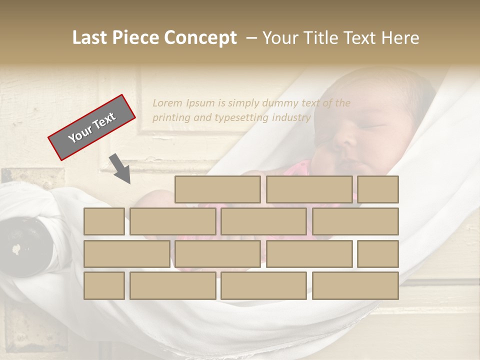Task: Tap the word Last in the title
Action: pyautogui.click(x=91, y=38)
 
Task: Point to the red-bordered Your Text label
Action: pyautogui.click(x=92, y=127)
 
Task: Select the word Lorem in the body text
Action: pyautogui.click(x=167, y=103)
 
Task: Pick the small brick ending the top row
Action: pyautogui.click(x=378, y=189)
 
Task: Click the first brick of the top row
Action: pyautogui.click(x=217, y=189)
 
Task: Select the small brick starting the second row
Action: pyautogui.click(x=104, y=221)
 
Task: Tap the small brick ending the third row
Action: pyautogui.click(x=378, y=253)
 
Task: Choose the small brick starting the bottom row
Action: pyautogui.click(x=104, y=285)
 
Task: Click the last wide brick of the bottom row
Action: pyautogui.click(x=355, y=285)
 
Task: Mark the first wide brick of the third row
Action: pyautogui.click(x=126, y=253)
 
